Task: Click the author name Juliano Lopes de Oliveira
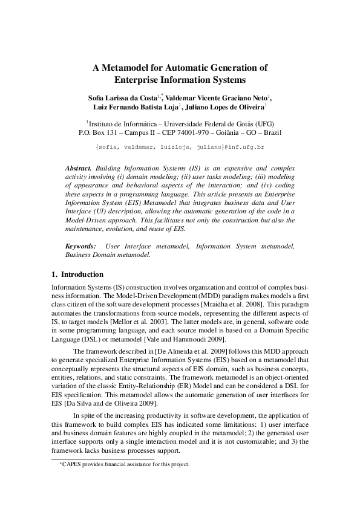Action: tap(224, 108)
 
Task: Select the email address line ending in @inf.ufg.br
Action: tap(180, 147)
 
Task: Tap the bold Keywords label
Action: tap(80, 246)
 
